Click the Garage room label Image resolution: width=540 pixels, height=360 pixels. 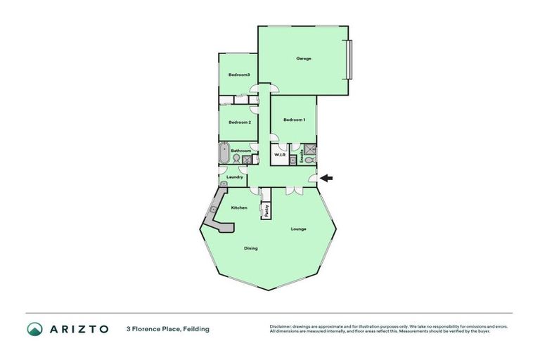(303, 58)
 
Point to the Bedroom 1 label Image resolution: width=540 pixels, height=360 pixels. (294, 120)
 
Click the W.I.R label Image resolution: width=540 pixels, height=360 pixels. (278, 155)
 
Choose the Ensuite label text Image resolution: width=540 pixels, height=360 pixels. (302, 156)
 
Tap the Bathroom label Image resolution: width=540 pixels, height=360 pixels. (241, 150)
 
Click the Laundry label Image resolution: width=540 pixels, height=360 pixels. (235, 177)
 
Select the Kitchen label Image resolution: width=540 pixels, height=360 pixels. (239, 208)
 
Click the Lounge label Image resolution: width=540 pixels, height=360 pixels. (298, 229)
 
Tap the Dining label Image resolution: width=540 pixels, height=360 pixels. (250, 248)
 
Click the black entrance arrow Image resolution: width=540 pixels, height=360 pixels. (327, 178)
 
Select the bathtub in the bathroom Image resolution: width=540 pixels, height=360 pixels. (224, 153)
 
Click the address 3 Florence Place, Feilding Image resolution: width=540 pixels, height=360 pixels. (168, 329)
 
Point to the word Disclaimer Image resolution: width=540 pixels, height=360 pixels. (281, 327)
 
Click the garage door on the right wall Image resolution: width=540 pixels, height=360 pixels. (350, 58)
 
